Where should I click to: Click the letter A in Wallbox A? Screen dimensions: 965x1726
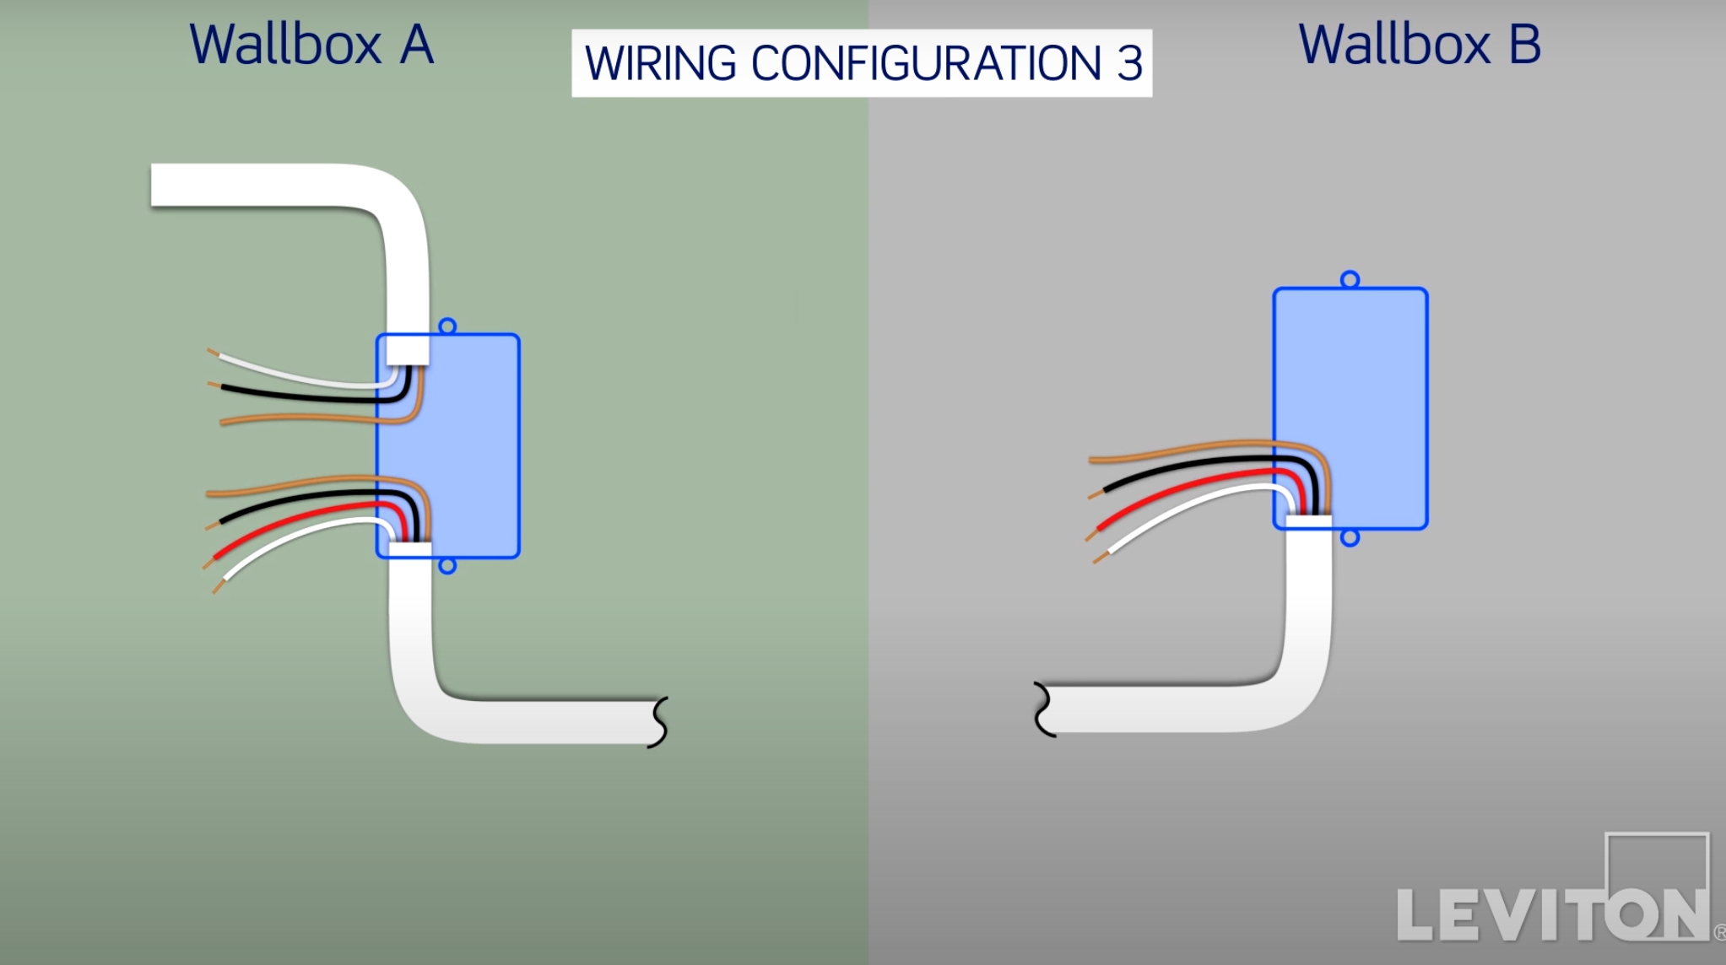417,46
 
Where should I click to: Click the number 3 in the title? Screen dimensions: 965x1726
1129,64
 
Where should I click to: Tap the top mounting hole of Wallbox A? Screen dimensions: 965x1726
447,326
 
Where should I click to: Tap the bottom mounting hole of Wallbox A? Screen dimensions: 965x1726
447,566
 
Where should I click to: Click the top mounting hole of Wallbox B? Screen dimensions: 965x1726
1350,279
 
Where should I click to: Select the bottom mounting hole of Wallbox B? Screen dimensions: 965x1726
1350,538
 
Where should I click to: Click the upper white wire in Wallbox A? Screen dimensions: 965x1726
295,373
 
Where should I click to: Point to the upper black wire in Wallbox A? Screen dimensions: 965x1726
295,396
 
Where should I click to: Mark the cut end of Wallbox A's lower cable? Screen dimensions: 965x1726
658,722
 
